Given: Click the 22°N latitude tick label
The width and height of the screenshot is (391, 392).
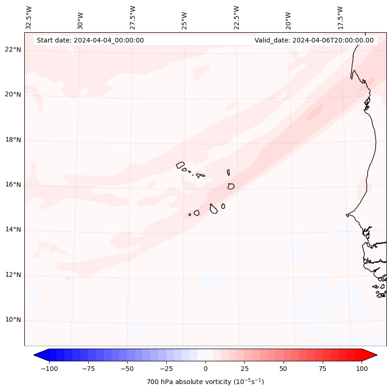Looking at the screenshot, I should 13,50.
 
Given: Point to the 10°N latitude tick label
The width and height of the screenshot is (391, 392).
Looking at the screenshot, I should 13,320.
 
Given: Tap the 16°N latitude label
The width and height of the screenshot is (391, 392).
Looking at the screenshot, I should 13,185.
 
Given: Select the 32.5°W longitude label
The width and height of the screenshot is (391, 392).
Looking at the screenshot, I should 29,17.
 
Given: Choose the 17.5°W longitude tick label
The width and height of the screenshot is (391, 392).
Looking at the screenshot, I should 340,17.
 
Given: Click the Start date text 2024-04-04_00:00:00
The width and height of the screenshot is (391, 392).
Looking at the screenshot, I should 90,40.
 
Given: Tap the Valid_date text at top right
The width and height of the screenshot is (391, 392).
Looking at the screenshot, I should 314,40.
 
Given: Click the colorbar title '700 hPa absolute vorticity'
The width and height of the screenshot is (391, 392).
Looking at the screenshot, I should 206,382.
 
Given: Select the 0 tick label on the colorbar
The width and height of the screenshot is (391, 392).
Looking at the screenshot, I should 206,369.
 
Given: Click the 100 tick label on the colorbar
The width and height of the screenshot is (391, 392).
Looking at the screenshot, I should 362,369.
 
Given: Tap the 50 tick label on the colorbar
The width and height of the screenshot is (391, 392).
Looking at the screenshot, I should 284,369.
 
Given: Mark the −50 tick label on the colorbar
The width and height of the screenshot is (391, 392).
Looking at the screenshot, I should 128,369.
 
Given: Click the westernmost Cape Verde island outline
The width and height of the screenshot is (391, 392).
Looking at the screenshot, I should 180,164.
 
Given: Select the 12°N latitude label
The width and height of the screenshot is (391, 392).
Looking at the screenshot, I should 13,275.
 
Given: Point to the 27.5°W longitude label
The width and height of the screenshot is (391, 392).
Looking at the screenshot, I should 133,17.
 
